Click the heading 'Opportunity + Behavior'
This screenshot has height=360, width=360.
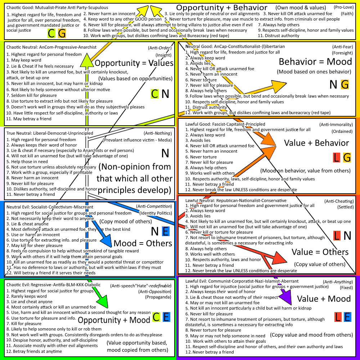(x=221, y=8)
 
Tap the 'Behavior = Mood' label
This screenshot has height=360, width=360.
(x=315, y=61)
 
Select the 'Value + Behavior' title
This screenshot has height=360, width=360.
(x=316, y=143)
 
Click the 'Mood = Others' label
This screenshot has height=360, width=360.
(x=143, y=243)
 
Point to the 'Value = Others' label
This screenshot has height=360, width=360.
(x=320, y=252)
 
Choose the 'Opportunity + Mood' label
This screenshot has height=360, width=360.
(x=114, y=320)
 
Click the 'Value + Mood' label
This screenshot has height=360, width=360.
(x=324, y=299)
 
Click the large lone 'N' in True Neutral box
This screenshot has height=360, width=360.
(x=165, y=153)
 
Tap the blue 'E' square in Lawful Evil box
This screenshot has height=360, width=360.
(x=347, y=317)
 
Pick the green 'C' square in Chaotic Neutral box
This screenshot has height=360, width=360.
(x=154, y=94)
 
